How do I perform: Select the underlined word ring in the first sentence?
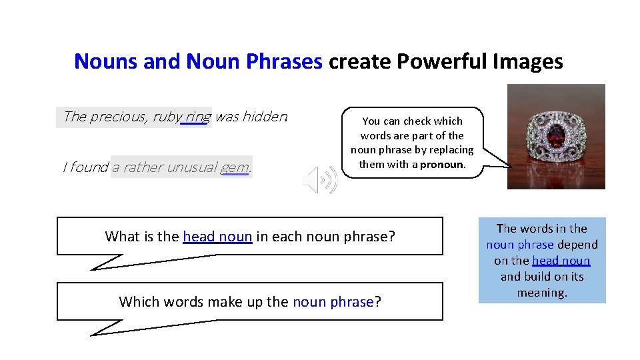pos(198,117)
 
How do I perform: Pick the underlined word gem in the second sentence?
pos(235,167)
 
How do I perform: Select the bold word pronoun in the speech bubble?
pos(441,164)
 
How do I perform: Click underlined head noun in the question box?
pos(217,236)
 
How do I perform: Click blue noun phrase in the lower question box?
pos(333,301)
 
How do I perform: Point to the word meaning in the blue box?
pos(541,293)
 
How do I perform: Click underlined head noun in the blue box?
pos(561,261)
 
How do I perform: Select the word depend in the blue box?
pos(577,245)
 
